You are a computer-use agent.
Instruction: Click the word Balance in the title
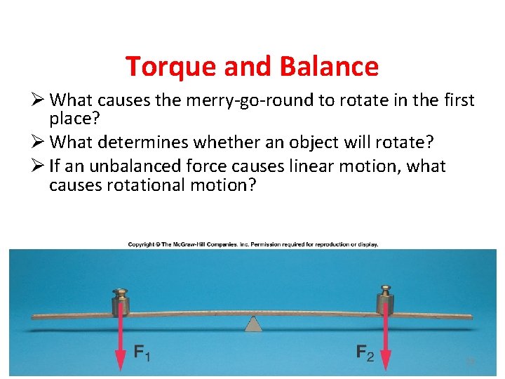[x=329, y=67]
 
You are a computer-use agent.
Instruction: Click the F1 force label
[x=142, y=352]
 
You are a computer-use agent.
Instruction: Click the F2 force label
[x=365, y=352]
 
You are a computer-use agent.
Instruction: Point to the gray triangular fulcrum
[x=252, y=324]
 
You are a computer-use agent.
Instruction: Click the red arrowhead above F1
[x=121, y=358]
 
